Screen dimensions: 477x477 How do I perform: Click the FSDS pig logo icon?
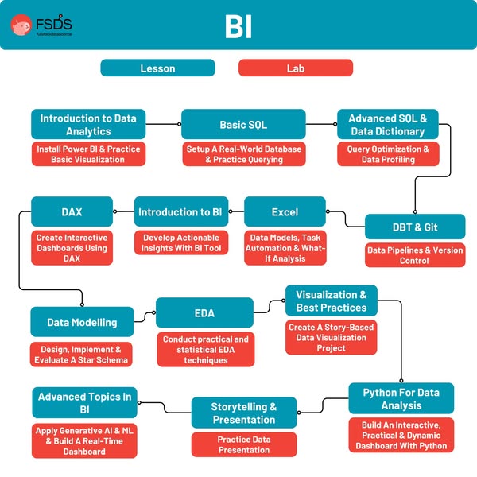22,25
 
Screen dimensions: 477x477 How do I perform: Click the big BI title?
238,26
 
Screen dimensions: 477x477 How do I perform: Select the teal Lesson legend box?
157,68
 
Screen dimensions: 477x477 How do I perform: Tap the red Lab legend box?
295,68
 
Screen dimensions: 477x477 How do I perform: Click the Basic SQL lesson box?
243,125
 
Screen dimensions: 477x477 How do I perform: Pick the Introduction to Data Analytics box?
88,125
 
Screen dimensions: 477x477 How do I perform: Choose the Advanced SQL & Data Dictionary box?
387,125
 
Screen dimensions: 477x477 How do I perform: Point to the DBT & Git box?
414,227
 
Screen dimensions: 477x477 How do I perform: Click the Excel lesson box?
285,212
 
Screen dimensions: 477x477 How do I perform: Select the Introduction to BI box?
179,212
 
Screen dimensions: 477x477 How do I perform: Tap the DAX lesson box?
72,212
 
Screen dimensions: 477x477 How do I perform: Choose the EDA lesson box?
204,313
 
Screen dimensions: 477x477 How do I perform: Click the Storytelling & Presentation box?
243,413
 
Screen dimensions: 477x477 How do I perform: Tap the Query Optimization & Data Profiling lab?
387,154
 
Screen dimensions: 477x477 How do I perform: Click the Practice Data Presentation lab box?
243,444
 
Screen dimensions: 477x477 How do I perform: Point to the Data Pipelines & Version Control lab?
414,255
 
